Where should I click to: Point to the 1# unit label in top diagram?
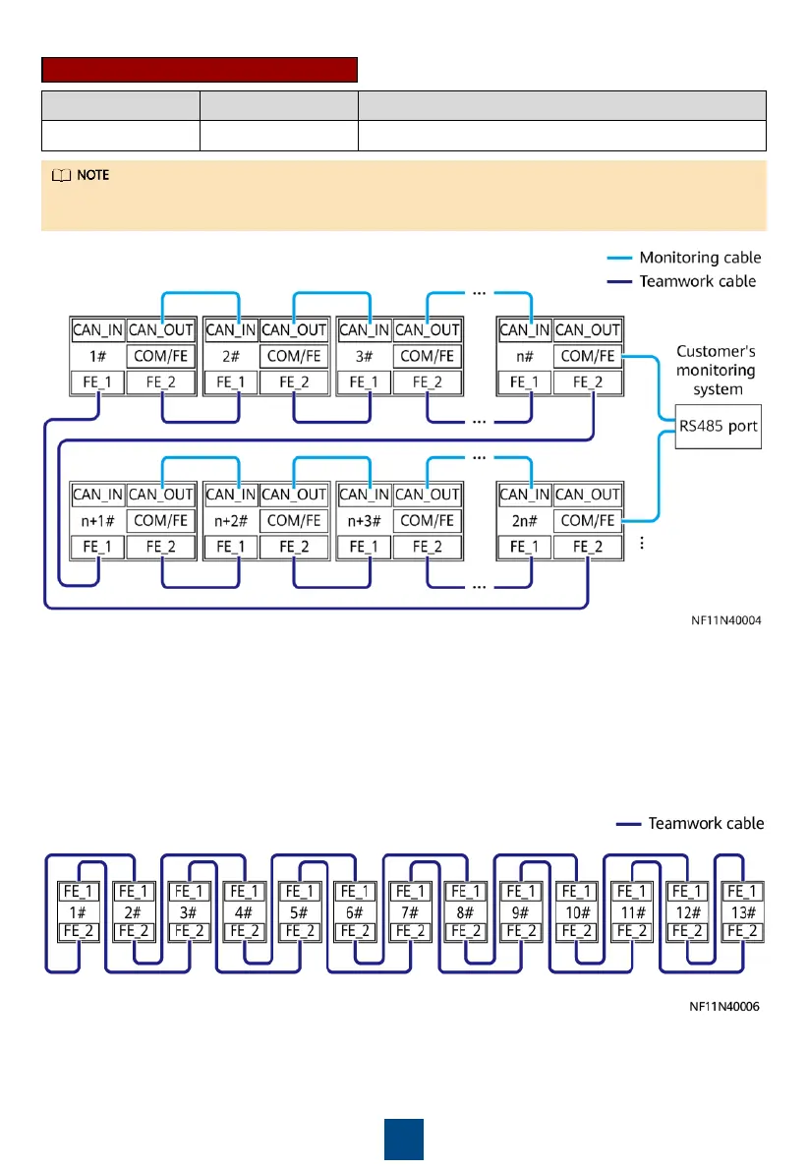pyautogui.click(x=96, y=356)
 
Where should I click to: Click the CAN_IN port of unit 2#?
pyautogui.click(x=230, y=330)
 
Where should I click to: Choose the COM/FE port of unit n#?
pyautogui.click(x=588, y=356)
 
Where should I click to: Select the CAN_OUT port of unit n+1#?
pyautogui.click(x=161, y=495)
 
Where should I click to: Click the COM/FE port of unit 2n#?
pyautogui.click(x=588, y=520)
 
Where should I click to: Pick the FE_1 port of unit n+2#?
pyautogui.click(x=230, y=547)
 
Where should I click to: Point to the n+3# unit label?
pyautogui.click(x=364, y=520)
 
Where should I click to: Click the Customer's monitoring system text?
pyautogui.click(x=715, y=370)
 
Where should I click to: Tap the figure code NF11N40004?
pyautogui.click(x=726, y=620)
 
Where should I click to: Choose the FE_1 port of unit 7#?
pyautogui.click(x=408, y=892)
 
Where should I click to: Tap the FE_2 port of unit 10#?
pyautogui.click(x=574, y=930)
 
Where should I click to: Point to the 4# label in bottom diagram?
pyautogui.click(x=242, y=910)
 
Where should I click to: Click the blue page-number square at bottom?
pyautogui.click(x=403, y=1139)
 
